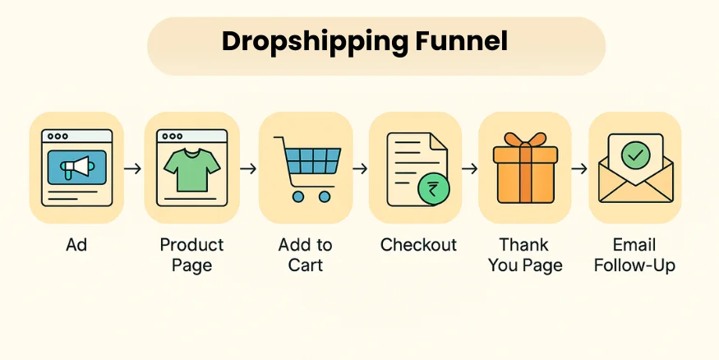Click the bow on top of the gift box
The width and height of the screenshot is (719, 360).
click(x=524, y=141)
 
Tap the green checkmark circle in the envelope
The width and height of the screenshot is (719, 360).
click(x=635, y=154)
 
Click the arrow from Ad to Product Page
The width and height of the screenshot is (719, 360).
click(x=133, y=168)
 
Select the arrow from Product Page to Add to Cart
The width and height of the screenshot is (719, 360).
click(x=248, y=168)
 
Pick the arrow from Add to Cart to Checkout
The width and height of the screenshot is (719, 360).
click(x=360, y=168)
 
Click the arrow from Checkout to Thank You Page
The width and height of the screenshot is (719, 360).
click(x=469, y=168)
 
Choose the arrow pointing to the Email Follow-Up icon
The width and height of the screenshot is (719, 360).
click(x=579, y=168)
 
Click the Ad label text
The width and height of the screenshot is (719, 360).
click(x=76, y=245)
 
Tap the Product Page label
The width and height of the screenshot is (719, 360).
click(x=191, y=255)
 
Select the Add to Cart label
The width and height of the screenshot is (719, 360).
click(x=306, y=255)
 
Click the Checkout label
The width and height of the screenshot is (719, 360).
click(x=418, y=245)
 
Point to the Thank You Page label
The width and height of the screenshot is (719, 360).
click(x=525, y=255)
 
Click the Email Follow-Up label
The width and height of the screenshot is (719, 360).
click(x=634, y=255)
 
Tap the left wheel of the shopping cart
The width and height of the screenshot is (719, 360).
click(x=298, y=197)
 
